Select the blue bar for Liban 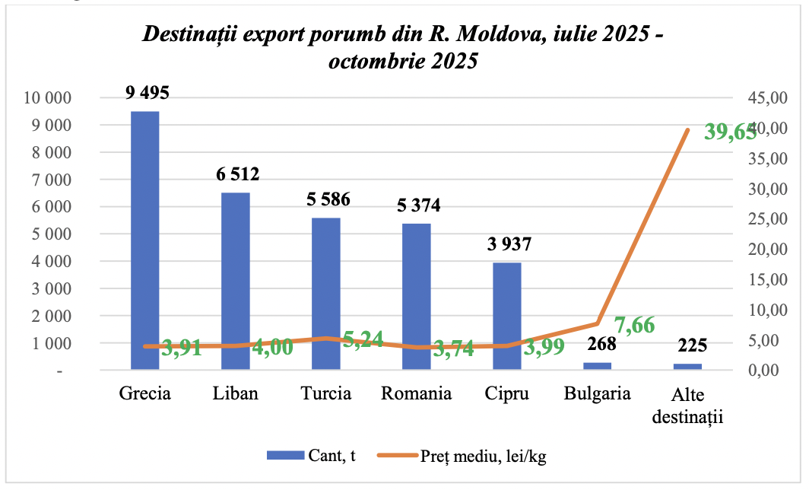pos(236,281)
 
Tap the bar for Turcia pos(326,294)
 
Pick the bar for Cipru pos(507,316)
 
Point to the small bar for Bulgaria pos(598,366)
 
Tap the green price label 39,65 pos(730,132)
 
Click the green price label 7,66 pos(634,326)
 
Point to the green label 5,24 pos(363,339)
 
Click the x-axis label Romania pos(416,393)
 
